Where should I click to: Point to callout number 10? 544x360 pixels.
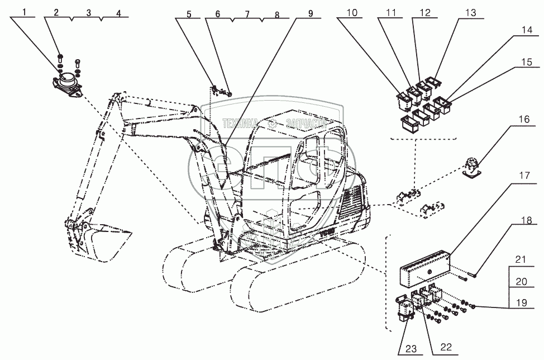pyautogui.click(x=350, y=12)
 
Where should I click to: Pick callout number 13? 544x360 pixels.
pyautogui.click(x=470, y=12)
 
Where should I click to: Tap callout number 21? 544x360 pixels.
pyautogui.click(x=521, y=259)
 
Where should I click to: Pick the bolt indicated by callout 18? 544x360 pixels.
pyautogui.click(x=466, y=276)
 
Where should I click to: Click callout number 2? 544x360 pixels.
pyautogui.click(x=56, y=12)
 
